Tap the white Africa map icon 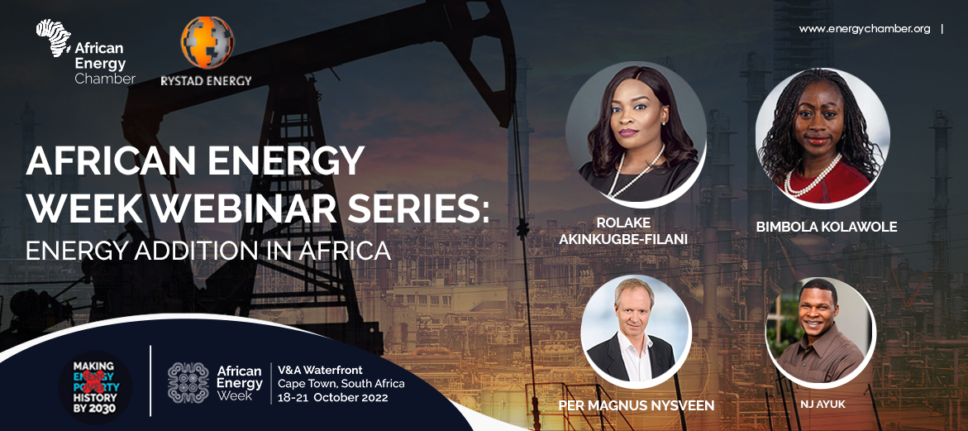pyautogui.click(x=54, y=37)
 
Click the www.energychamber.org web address pyautogui.click(x=864, y=29)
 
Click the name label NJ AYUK pyautogui.click(x=821, y=403)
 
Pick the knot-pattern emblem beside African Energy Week pyautogui.click(x=188, y=383)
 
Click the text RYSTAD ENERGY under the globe pyautogui.click(x=207, y=81)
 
